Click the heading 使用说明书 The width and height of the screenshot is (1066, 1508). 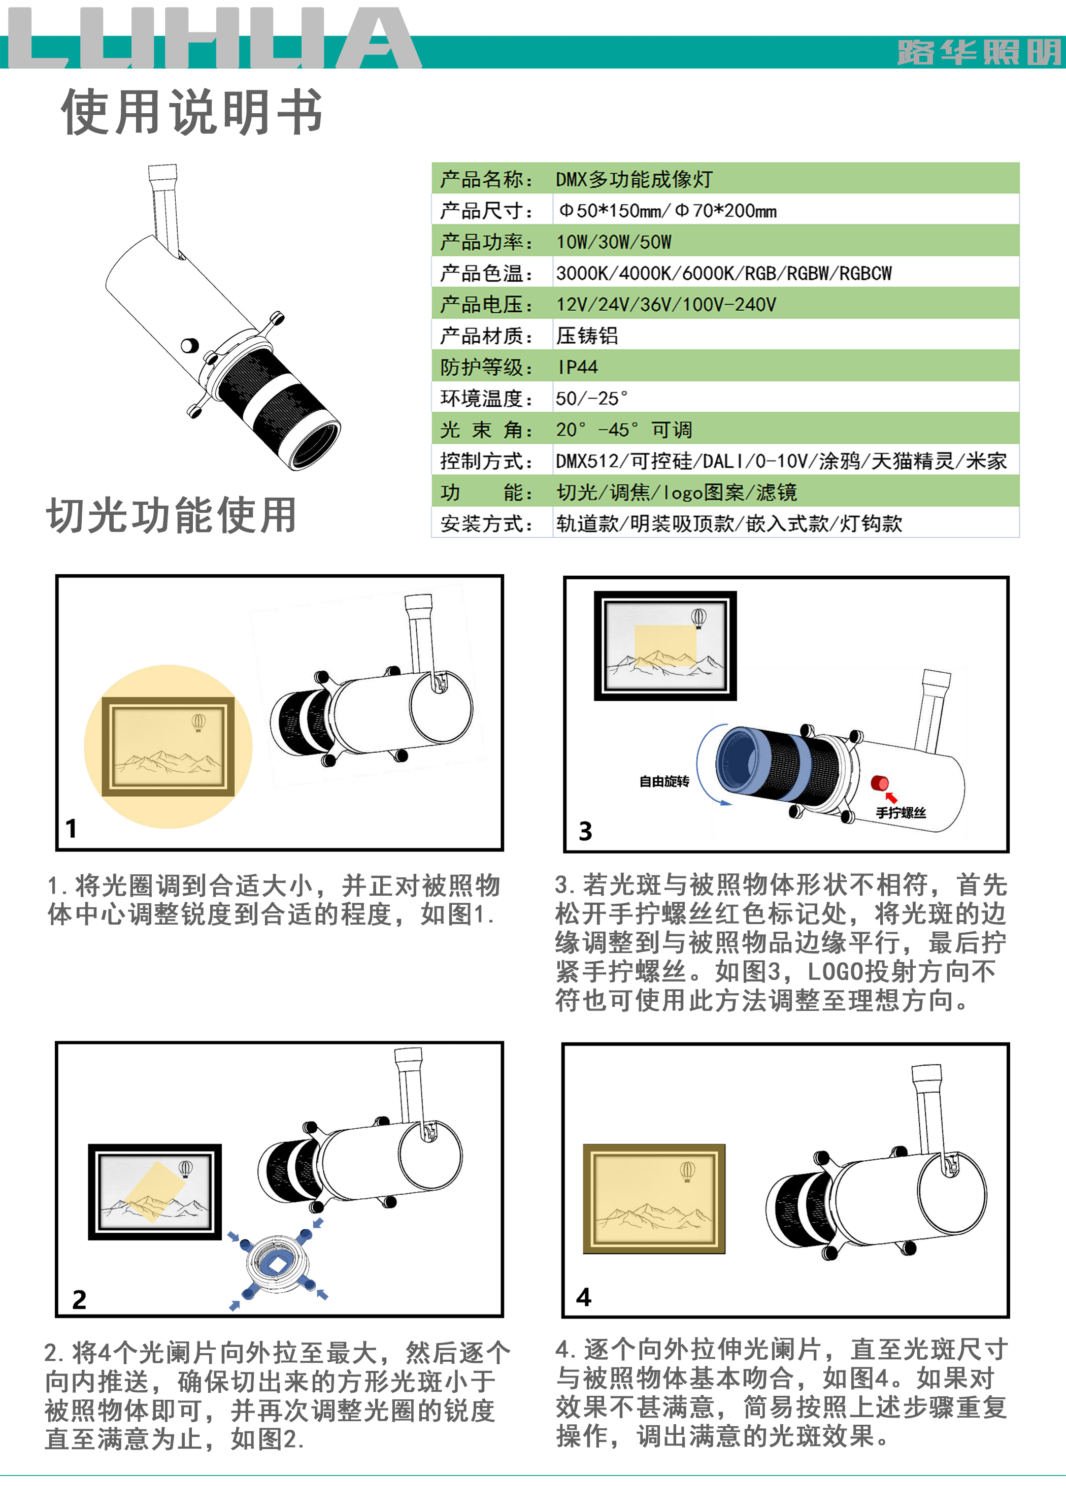(192, 112)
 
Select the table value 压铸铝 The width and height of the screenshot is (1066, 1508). (587, 336)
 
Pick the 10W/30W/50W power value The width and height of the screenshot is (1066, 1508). (614, 242)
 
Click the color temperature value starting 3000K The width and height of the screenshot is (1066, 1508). (724, 273)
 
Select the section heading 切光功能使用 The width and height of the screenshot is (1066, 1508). (172, 515)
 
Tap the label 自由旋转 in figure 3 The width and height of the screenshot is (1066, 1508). (664, 781)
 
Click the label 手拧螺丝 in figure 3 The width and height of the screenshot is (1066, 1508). (901, 812)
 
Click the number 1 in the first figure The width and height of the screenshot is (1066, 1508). (71, 828)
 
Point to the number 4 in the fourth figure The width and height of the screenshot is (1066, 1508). (583, 1296)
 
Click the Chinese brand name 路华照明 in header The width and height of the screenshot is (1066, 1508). (979, 52)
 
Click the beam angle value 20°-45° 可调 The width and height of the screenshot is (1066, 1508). (623, 430)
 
